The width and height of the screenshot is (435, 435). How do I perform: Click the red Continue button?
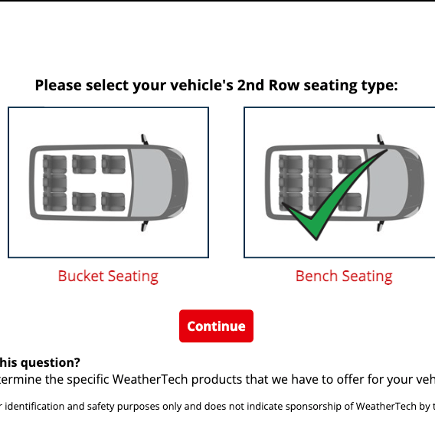tap(216, 326)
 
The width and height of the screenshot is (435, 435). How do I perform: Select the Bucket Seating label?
tap(108, 276)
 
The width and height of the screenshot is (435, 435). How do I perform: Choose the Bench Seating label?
tap(344, 276)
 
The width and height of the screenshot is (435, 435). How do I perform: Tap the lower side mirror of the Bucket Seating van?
tap(144, 226)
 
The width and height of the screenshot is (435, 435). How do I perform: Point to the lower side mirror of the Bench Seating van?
tap(380, 226)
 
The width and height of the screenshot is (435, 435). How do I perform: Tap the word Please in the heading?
tap(61, 85)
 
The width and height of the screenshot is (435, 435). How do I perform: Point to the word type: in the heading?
tap(379, 85)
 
